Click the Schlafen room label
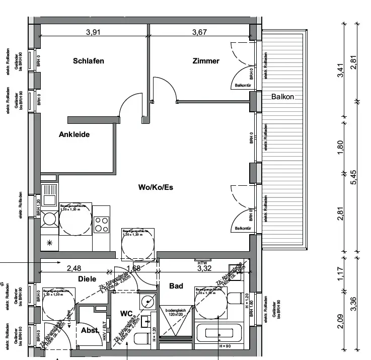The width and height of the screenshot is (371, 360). (x=89, y=61)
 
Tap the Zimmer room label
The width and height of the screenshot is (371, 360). (x=206, y=61)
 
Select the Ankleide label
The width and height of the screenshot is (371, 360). (x=74, y=134)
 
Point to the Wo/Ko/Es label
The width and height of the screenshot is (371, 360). (x=156, y=187)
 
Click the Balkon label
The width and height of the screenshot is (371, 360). (x=282, y=96)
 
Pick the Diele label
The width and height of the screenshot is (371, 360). (x=87, y=278)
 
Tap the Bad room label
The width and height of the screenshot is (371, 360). (x=176, y=286)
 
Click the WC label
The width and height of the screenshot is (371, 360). (x=126, y=313)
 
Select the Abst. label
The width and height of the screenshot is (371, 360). (x=90, y=331)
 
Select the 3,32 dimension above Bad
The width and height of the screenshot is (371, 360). (x=204, y=268)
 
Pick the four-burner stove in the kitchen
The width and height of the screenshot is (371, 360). (x=101, y=223)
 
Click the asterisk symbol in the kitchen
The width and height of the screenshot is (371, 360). (x=50, y=242)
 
